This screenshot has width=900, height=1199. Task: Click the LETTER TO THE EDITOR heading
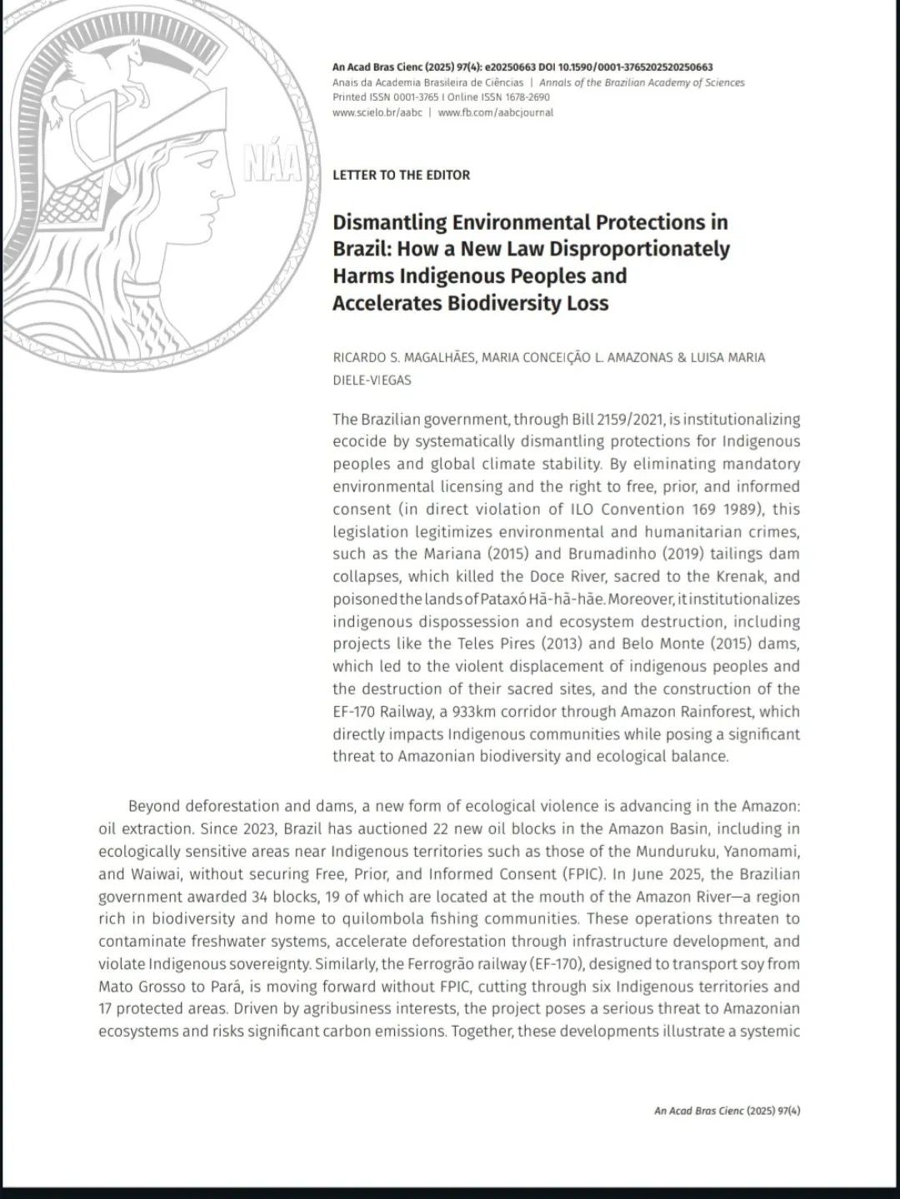[x=401, y=175]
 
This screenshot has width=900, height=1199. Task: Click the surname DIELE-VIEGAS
[x=372, y=381]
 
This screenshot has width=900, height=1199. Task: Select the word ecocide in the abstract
[x=358, y=441]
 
